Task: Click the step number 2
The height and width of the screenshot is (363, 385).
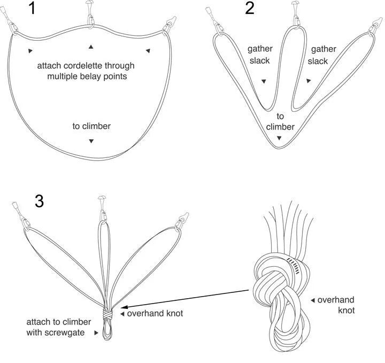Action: (250, 10)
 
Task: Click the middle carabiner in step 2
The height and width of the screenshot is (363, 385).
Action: (295, 14)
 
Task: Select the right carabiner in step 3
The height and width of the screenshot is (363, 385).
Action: (183, 220)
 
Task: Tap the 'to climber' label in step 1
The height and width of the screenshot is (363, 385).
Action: (91, 126)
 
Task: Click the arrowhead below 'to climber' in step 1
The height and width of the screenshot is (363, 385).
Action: (91, 141)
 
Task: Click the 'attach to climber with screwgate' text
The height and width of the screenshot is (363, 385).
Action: (59, 327)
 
